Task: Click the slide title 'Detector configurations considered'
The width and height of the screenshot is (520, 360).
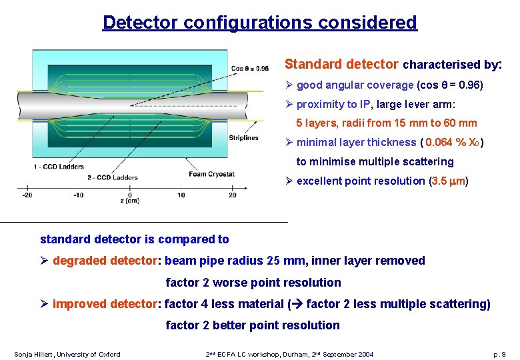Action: tap(259, 23)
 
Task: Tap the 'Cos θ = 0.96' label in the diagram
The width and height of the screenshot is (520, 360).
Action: tap(249, 68)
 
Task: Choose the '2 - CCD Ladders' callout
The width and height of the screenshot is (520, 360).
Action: tap(112, 177)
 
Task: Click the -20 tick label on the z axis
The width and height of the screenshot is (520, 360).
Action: tap(27, 195)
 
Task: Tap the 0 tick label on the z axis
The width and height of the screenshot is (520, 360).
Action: tap(129, 195)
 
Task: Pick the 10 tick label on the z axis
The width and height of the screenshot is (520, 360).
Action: tap(181, 195)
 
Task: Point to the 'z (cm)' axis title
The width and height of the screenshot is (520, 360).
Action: tap(129, 201)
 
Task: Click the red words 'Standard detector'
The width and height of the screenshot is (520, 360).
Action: tap(341, 65)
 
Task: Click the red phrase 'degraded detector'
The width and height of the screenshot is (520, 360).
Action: tap(106, 261)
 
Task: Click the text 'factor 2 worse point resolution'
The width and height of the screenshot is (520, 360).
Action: tap(253, 283)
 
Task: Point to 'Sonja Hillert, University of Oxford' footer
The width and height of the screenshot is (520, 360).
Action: tap(67, 354)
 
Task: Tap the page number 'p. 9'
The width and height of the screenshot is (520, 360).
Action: tap(499, 354)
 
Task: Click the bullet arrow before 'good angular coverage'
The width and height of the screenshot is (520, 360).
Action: tap(289, 85)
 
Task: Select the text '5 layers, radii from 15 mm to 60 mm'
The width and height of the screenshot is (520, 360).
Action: tap(386, 123)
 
